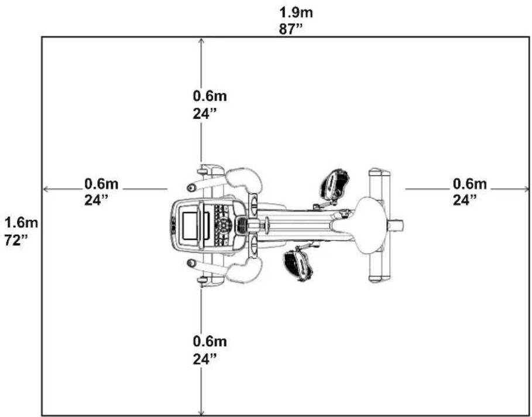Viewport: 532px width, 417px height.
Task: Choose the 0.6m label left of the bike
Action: (101, 184)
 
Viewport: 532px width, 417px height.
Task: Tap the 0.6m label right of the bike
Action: (470, 184)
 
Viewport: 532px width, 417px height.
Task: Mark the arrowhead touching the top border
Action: (202, 40)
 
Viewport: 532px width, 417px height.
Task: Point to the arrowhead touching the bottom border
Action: (202, 412)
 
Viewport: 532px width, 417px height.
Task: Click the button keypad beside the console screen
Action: (224, 225)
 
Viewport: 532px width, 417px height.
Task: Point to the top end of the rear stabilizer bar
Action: (379, 174)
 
